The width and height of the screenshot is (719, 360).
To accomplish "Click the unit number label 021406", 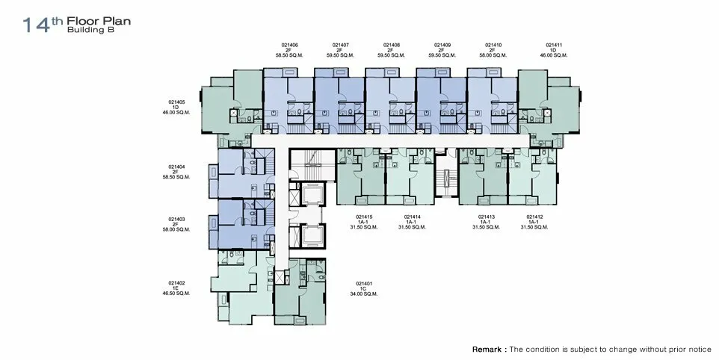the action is [290, 46].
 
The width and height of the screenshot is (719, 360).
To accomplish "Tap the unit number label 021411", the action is [554, 46].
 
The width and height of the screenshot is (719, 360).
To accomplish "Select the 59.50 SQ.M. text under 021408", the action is [391, 55].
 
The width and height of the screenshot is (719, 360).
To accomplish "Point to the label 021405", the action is [176, 102].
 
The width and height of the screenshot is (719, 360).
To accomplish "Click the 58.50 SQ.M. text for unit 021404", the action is [176, 177].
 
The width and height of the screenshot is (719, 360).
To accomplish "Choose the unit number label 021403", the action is [176, 220].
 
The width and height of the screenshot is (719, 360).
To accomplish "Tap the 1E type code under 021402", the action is [176, 288].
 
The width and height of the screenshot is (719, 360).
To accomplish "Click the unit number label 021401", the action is [364, 284].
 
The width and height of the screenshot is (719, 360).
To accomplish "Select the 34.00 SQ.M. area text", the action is [364, 294].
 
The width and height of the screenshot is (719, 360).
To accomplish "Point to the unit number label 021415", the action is [364, 217].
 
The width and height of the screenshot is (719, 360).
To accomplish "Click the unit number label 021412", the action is [534, 217].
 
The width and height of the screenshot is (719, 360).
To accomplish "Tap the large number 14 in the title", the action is [36, 25].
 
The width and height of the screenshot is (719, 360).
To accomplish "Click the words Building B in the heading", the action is [90, 30].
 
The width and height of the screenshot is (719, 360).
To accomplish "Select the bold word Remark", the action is [487, 350].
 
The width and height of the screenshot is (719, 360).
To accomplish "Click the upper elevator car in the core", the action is [312, 195].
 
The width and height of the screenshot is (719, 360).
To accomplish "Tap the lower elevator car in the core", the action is [312, 236].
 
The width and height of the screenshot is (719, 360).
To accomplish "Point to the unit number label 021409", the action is [442, 46].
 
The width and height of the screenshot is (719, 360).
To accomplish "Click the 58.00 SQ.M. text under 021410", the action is [493, 55].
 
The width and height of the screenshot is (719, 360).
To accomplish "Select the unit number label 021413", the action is [487, 217].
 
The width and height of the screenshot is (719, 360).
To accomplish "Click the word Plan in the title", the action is [118, 21].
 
